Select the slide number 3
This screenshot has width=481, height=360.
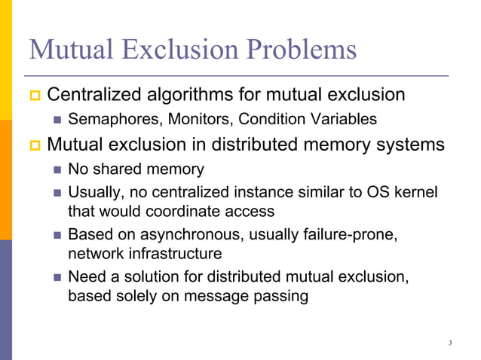tap(449, 343)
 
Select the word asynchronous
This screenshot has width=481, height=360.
tap(185, 235)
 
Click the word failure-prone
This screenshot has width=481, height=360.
tap(349, 235)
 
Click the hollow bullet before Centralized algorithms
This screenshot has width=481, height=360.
tap(33, 96)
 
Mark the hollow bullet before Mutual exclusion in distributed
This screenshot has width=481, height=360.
tap(33, 144)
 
